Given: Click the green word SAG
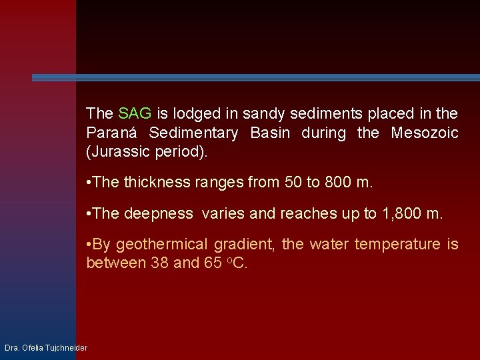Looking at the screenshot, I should click(135, 114).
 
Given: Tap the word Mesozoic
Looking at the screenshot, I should click(424, 133).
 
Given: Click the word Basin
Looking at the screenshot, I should click(270, 133).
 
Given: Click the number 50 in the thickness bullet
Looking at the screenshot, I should click(292, 182).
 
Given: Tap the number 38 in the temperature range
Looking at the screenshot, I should click(160, 263).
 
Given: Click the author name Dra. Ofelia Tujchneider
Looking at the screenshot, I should click(46, 348).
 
